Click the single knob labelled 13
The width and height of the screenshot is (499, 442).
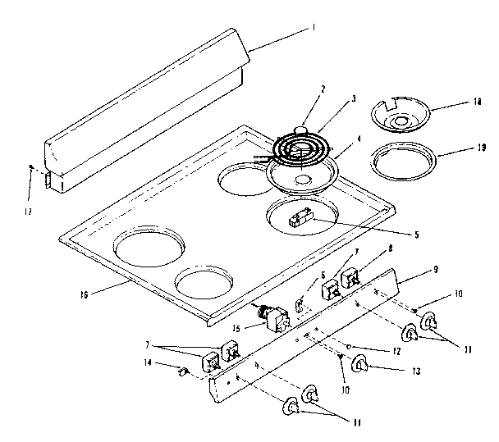[x=361, y=363]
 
